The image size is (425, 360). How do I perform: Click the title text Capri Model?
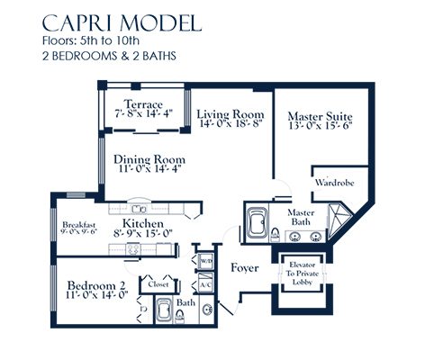[x=120, y=22]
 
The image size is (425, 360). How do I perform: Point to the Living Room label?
[x=230, y=114]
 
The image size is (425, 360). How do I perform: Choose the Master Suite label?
[x=319, y=117]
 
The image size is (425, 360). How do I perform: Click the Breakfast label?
[x=78, y=225]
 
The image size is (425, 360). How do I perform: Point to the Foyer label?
[x=246, y=267]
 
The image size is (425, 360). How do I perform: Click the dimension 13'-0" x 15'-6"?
[x=319, y=130]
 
